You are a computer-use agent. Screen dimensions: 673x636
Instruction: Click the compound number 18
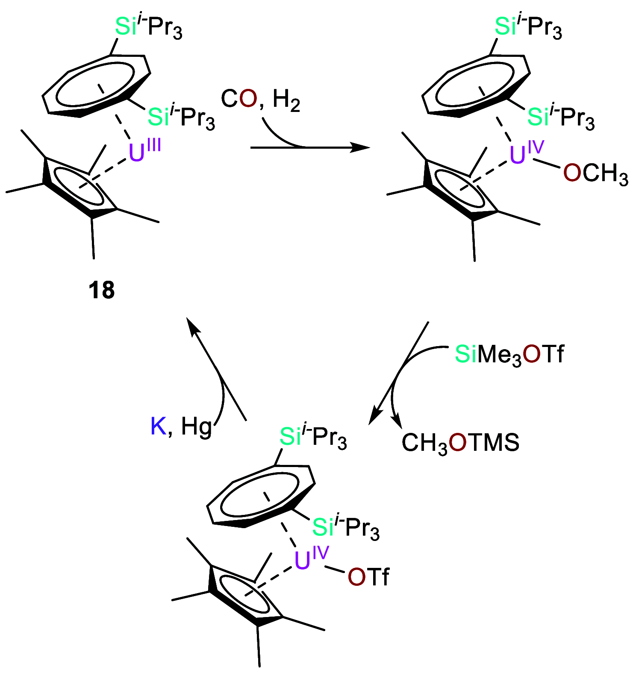(x=102, y=290)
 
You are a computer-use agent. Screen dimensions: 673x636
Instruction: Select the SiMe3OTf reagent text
(x=509, y=354)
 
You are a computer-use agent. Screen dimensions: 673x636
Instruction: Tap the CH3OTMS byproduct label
(x=460, y=442)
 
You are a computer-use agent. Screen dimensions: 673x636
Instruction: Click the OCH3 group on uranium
(x=595, y=174)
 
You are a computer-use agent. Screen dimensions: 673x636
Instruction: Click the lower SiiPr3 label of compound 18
(x=181, y=116)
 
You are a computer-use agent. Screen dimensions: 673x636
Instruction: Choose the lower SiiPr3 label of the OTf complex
(x=346, y=527)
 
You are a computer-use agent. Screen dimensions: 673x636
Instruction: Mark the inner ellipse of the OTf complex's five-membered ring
(x=244, y=594)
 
